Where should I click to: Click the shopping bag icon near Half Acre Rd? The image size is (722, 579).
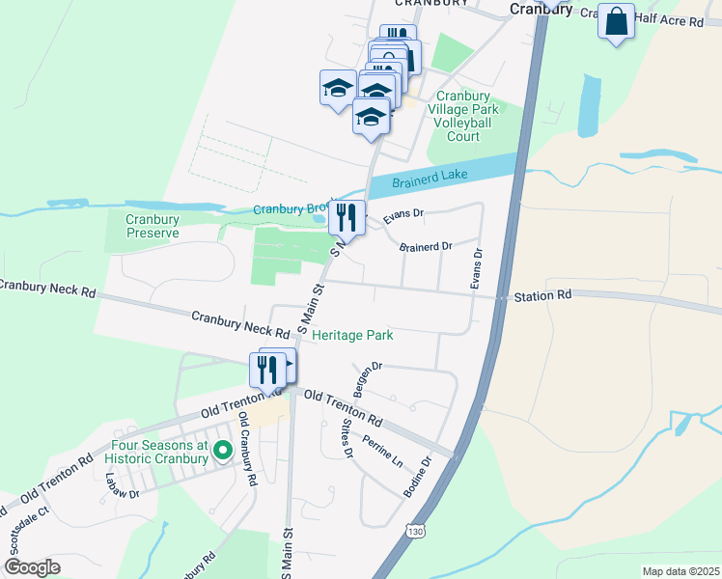[x=616, y=21]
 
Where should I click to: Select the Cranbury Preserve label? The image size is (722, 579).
[x=153, y=226]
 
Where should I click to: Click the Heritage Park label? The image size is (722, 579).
[x=352, y=335]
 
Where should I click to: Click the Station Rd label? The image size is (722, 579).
[x=542, y=294]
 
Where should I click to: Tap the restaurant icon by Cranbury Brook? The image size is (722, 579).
[x=347, y=217]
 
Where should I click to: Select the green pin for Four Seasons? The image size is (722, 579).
[x=222, y=450]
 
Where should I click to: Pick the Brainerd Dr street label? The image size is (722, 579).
[x=427, y=247]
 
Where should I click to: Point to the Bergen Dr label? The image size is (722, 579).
[x=369, y=379]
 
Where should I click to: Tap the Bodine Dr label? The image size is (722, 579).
[x=417, y=478]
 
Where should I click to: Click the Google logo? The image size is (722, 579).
[x=32, y=567]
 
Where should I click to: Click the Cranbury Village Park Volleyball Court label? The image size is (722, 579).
[x=463, y=116]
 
